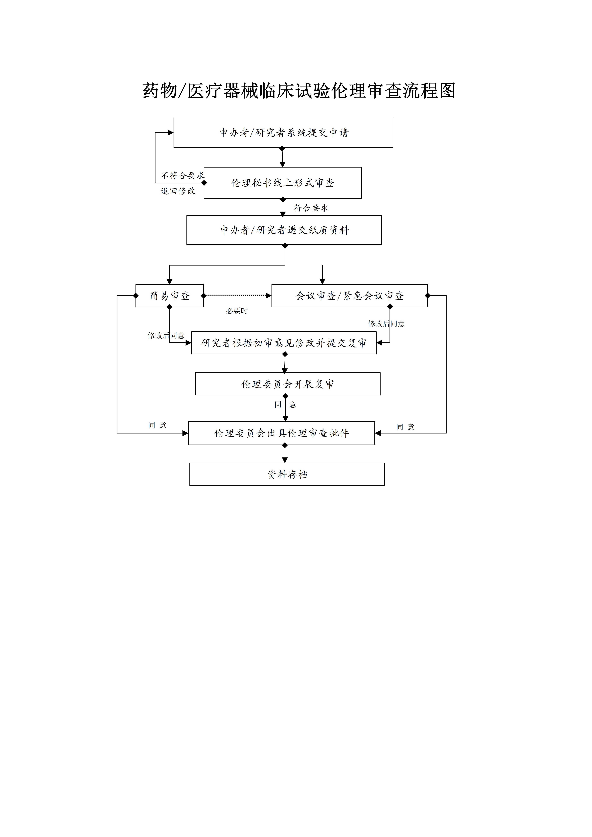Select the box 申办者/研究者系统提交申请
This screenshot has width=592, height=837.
tap(283, 133)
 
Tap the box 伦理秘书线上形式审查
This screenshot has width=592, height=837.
tap(283, 183)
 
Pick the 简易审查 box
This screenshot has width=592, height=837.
tap(170, 296)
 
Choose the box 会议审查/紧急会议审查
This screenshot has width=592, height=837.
tap(349, 296)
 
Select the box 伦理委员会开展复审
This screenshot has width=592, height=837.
tap(288, 384)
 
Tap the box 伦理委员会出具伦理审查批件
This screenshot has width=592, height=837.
tap(282, 433)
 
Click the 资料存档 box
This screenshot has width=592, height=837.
tap(287, 474)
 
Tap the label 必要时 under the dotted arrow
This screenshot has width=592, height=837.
tap(237, 311)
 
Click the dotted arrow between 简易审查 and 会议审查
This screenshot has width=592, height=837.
tap(237, 296)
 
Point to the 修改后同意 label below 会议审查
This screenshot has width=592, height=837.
tap(386, 324)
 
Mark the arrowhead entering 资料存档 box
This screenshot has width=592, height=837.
tap(285, 460)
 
